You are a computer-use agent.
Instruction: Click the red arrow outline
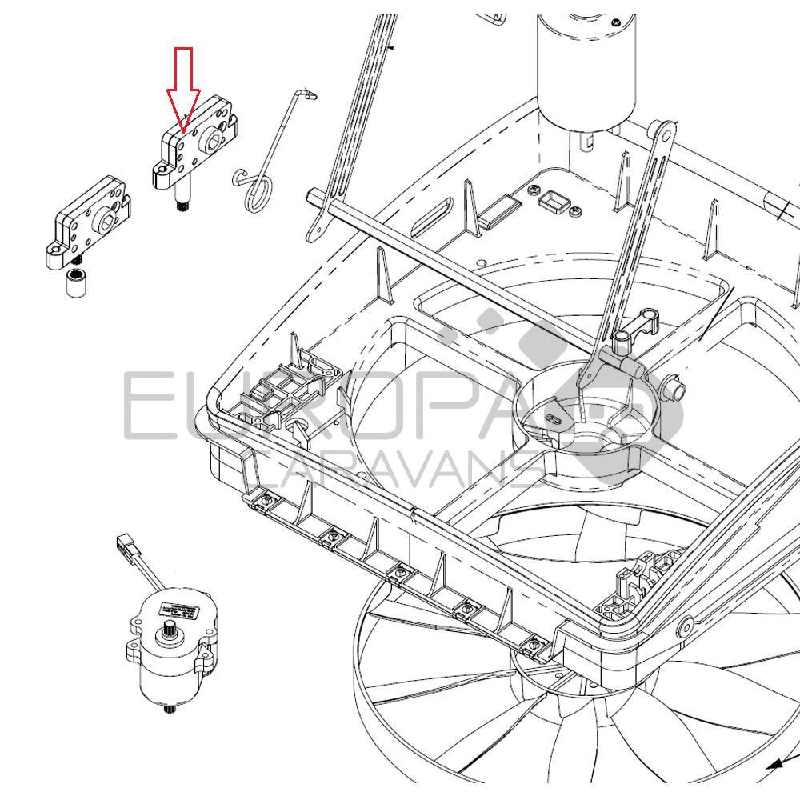coord(184,88)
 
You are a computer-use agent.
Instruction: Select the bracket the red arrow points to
coord(196,148)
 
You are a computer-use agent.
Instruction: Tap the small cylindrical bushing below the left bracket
coord(76,285)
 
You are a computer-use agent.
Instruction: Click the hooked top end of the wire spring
coord(307,95)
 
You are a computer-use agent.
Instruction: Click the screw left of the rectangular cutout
coord(532,189)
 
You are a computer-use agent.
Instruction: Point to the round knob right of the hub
coord(674,390)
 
